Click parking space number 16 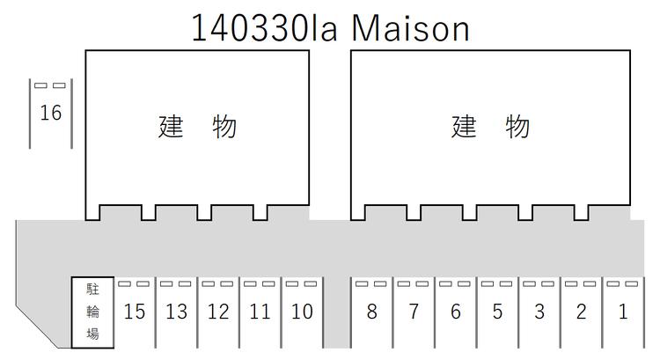pos(51,114)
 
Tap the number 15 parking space pos(135,312)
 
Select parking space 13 pos(176,312)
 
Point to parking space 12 pos(218,312)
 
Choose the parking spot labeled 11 pos(260,312)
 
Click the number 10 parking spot pos(302,312)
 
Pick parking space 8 pos(371,312)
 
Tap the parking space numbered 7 pos(414,312)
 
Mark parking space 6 pos(456,312)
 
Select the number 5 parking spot pos(497,312)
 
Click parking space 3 pos(539,312)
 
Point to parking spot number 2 pos(582,312)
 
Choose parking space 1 pos(623,312)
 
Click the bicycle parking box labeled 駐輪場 pos(92,312)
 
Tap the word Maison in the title pos(410,29)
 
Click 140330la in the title pos(264,28)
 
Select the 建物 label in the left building pos(197,127)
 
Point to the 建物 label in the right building pos(490,127)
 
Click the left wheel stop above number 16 pos(40,85)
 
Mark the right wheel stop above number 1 pos(632,283)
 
